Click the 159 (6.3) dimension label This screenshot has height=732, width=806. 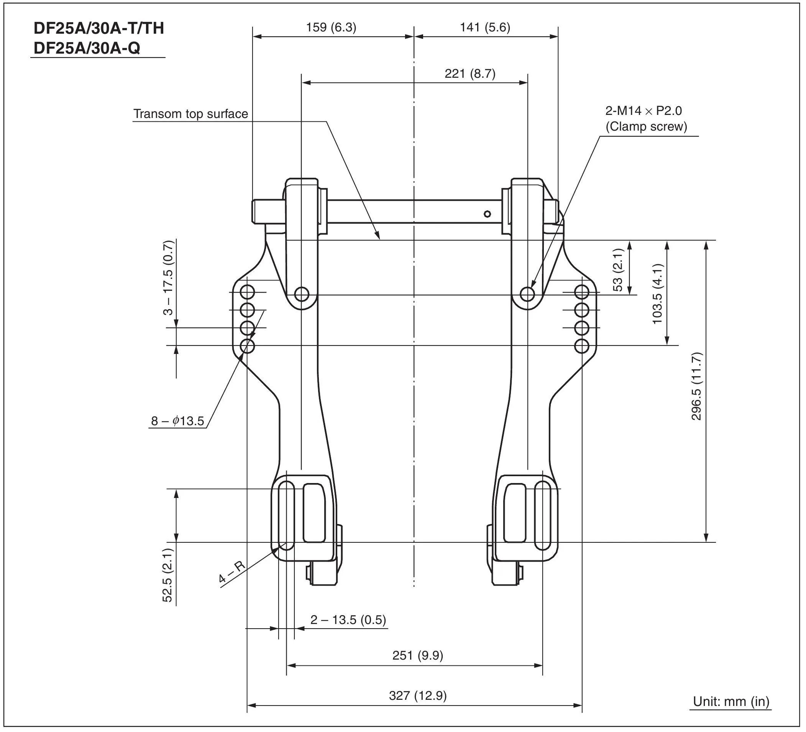tap(331, 28)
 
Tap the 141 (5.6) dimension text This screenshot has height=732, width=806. tap(484, 28)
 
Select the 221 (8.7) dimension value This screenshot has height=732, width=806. tap(470, 74)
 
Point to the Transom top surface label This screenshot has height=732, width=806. tap(190, 114)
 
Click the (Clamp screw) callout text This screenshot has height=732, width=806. tap(646, 127)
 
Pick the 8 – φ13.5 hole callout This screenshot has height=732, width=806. tap(177, 421)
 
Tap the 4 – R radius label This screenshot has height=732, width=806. tap(232, 573)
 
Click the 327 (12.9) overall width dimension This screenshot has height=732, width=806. tap(417, 696)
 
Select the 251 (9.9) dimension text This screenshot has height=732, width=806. tap(417, 656)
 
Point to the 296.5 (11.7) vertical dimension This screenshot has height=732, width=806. tap(696, 386)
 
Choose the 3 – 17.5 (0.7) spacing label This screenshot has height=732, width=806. tap(168, 278)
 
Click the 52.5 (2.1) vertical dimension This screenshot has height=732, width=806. tap(167, 575)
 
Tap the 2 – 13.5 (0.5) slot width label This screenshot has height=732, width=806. tap(348, 620)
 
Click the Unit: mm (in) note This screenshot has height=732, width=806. tap(731, 702)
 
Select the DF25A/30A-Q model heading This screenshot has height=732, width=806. tap(87, 48)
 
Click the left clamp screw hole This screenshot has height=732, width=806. tap(302, 295)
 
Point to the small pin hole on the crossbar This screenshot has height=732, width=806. tap(487, 214)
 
